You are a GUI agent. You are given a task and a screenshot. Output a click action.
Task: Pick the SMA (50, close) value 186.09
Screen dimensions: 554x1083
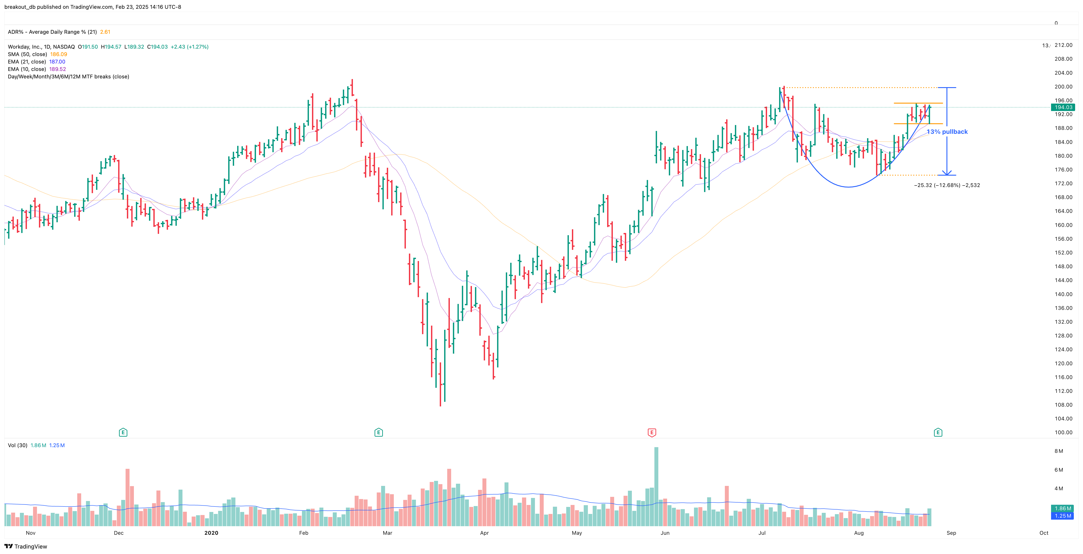58,54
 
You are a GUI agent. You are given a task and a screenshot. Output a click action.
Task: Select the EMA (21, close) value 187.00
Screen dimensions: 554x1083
57,62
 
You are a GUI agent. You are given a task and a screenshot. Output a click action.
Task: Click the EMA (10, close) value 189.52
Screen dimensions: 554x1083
58,69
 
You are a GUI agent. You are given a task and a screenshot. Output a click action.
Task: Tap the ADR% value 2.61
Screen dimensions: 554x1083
105,32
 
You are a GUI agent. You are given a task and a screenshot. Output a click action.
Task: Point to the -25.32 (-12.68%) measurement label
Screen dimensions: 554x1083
947,185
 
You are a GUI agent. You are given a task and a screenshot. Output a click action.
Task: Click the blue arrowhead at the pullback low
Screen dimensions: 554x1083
947,173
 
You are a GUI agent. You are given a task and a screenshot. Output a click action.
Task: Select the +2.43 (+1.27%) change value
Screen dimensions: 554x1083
189,47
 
